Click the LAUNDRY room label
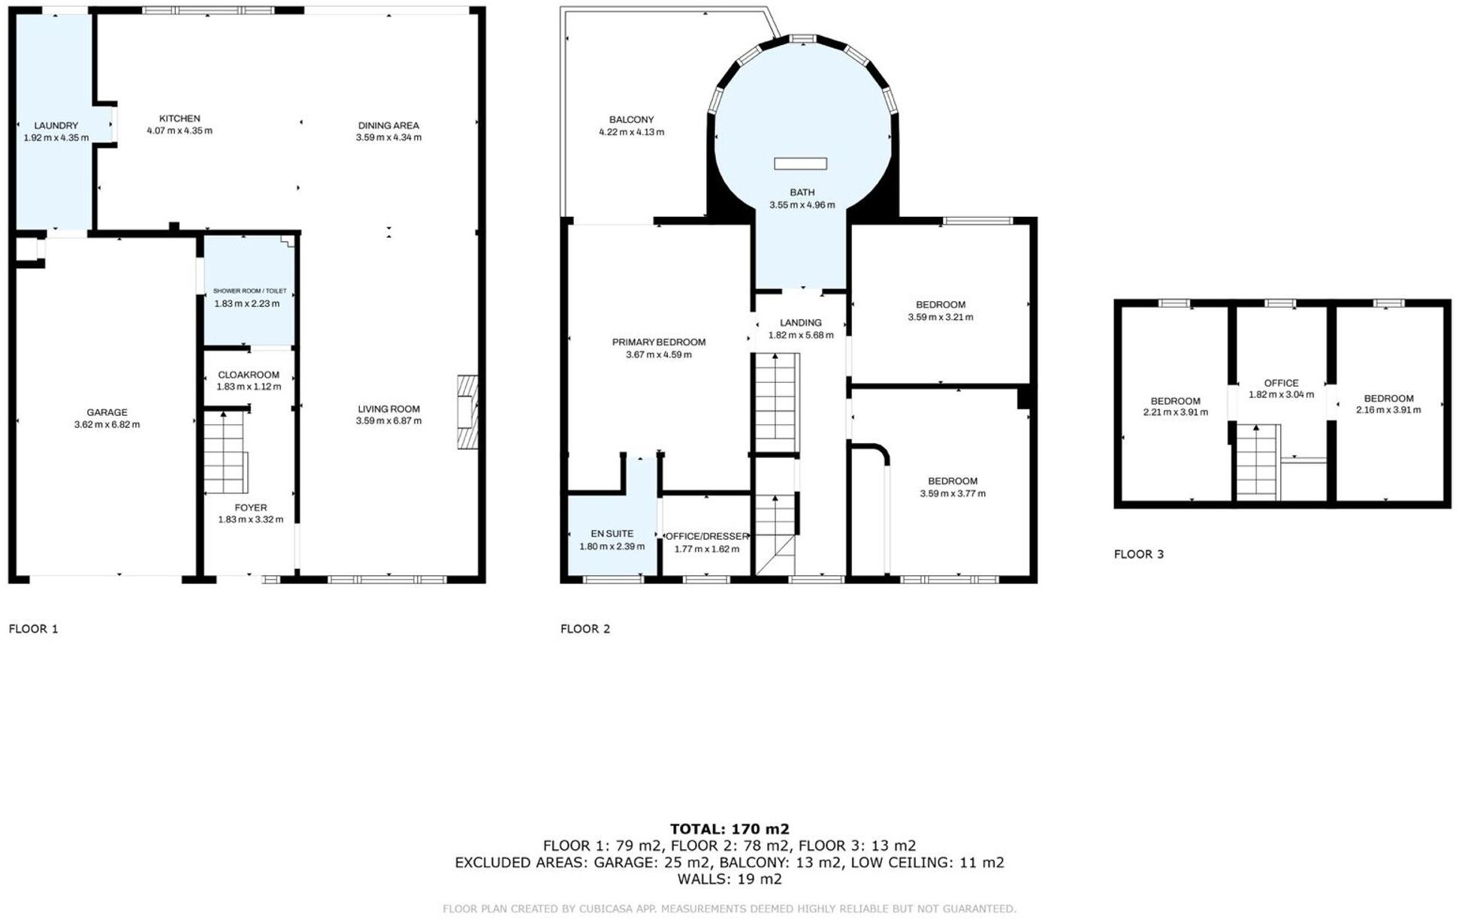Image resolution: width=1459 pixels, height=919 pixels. [x=56, y=125]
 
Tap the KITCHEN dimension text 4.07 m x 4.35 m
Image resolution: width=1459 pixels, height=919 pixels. [x=179, y=131]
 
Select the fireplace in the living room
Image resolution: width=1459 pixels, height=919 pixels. [x=467, y=412]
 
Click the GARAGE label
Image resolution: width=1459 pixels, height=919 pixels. [x=107, y=412]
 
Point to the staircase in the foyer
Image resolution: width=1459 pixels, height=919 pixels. [x=225, y=453]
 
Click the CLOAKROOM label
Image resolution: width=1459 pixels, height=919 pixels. [x=248, y=375]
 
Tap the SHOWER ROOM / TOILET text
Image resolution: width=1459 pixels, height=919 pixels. [x=249, y=291]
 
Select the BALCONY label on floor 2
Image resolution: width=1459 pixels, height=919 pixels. [x=631, y=119]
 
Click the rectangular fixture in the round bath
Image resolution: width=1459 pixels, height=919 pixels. [x=800, y=164]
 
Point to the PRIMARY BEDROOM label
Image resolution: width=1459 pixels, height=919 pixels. [x=658, y=342]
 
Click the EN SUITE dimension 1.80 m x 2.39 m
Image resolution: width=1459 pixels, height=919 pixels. [x=612, y=547]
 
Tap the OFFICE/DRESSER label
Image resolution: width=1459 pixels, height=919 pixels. [x=707, y=536]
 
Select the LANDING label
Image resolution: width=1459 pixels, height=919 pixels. [x=800, y=323]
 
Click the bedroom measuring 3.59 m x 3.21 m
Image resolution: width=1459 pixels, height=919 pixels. [x=940, y=310]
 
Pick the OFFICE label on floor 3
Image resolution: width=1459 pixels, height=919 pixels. [x=1281, y=383]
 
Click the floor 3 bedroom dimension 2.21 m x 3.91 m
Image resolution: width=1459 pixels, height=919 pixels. [x=1175, y=412]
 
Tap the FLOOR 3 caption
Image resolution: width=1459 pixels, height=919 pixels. [x=1138, y=554]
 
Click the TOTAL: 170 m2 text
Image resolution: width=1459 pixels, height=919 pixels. [x=729, y=829]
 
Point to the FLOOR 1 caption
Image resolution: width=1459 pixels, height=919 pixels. [x=33, y=628]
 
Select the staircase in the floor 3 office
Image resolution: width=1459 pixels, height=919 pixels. [x=1256, y=462]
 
